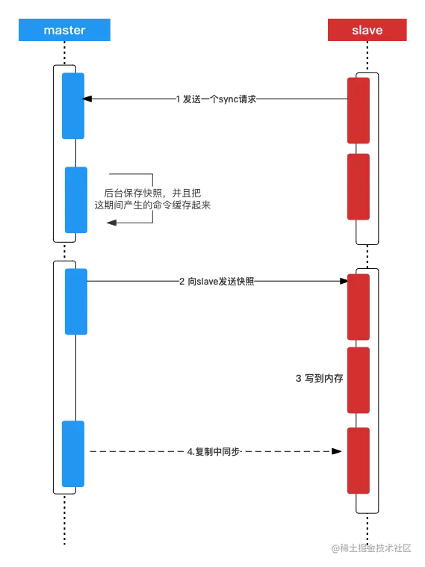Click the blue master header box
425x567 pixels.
[x=65, y=31]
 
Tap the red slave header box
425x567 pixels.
[x=367, y=31]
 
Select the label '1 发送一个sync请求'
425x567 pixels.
[x=214, y=99]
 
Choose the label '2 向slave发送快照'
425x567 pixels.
[x=217, y=282]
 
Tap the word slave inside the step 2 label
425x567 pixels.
[x=207, y=282]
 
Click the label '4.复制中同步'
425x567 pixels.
[x=215, y=452]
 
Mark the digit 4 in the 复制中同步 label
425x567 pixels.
[x=190, y=452]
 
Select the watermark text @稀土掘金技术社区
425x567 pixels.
[x=370, y=548]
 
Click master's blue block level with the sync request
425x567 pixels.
[x=72, y=105]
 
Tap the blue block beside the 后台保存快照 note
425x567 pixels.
[x=77, y=199]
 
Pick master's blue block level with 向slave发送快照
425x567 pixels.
[x=77, y=301]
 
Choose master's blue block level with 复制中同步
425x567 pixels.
[x=74, y=453]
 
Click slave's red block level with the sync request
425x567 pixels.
[x=359, y=110]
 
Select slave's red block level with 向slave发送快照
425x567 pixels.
[x=359, y=306]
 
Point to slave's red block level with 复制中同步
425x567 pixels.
[x=359, y=460]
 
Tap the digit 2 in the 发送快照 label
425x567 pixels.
[x=182, y=282]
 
